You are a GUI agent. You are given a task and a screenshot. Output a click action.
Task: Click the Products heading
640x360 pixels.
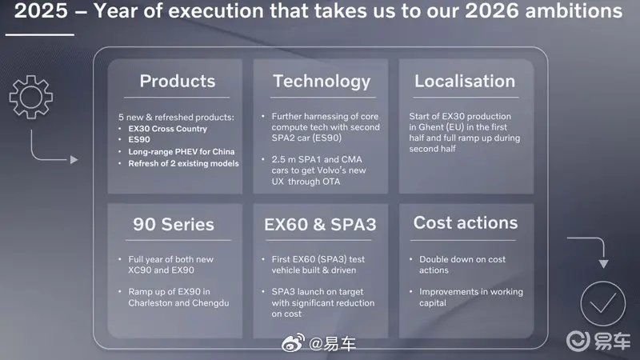[178, 81]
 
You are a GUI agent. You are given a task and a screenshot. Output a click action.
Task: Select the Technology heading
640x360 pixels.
[322, 82]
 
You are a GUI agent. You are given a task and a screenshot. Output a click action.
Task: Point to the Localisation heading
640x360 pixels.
[465, 81]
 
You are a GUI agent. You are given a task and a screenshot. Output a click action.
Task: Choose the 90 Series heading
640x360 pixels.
[174, 224]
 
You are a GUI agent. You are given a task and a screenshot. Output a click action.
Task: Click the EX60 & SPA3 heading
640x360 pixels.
[320, 224]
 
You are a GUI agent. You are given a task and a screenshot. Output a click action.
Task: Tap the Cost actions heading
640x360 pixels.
[466, 222]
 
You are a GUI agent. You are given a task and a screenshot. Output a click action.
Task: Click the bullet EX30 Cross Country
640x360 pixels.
[167, 129]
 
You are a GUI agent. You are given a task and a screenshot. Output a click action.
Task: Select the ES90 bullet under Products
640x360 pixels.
[139, 139]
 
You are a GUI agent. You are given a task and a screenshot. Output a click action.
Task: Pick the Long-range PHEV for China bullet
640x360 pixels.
[182, 152]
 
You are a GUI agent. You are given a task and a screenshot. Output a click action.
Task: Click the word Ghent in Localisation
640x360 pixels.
[430, 127]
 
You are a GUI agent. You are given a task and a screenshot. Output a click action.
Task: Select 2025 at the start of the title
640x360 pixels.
[41, 10]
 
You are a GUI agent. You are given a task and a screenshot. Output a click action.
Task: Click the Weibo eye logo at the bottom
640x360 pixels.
[294, 343]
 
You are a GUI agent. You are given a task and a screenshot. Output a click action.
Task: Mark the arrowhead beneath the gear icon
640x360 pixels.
[74, 159]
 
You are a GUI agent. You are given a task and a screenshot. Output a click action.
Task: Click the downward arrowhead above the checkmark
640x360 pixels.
[604, 264]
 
